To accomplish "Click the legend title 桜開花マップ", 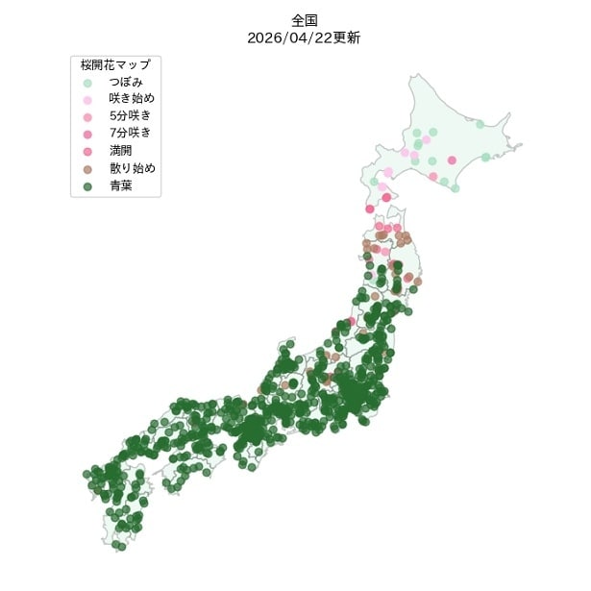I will click(x=115, y=64).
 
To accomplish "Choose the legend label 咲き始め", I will click(x=132, y=99).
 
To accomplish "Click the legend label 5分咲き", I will click(x=131, y=116).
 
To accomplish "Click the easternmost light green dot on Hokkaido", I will click(x=485, y=157).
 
